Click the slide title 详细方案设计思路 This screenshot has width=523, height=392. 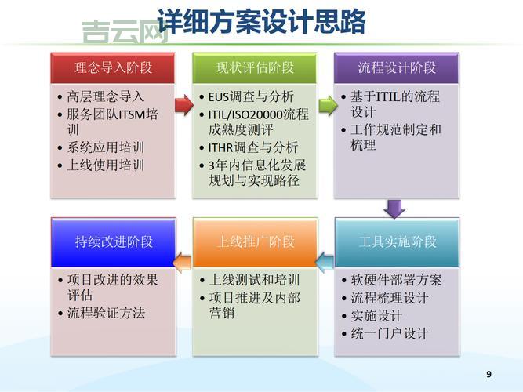point(262,21)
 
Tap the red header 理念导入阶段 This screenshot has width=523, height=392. point(113,67)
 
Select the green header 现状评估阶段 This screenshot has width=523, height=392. point(255,67)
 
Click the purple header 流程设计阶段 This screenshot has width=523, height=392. point(397,67)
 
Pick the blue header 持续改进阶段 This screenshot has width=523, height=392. point(113,241)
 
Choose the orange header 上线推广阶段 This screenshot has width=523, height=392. point(255,241)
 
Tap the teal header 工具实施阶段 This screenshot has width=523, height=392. point(397,241)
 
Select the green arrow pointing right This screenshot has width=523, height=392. point(326,103)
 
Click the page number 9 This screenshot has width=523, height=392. point(489,374)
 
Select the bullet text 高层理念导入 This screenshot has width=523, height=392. point(106,97)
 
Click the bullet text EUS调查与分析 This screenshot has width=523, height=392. point(251,97)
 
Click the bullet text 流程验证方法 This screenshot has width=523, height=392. point(106,314)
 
